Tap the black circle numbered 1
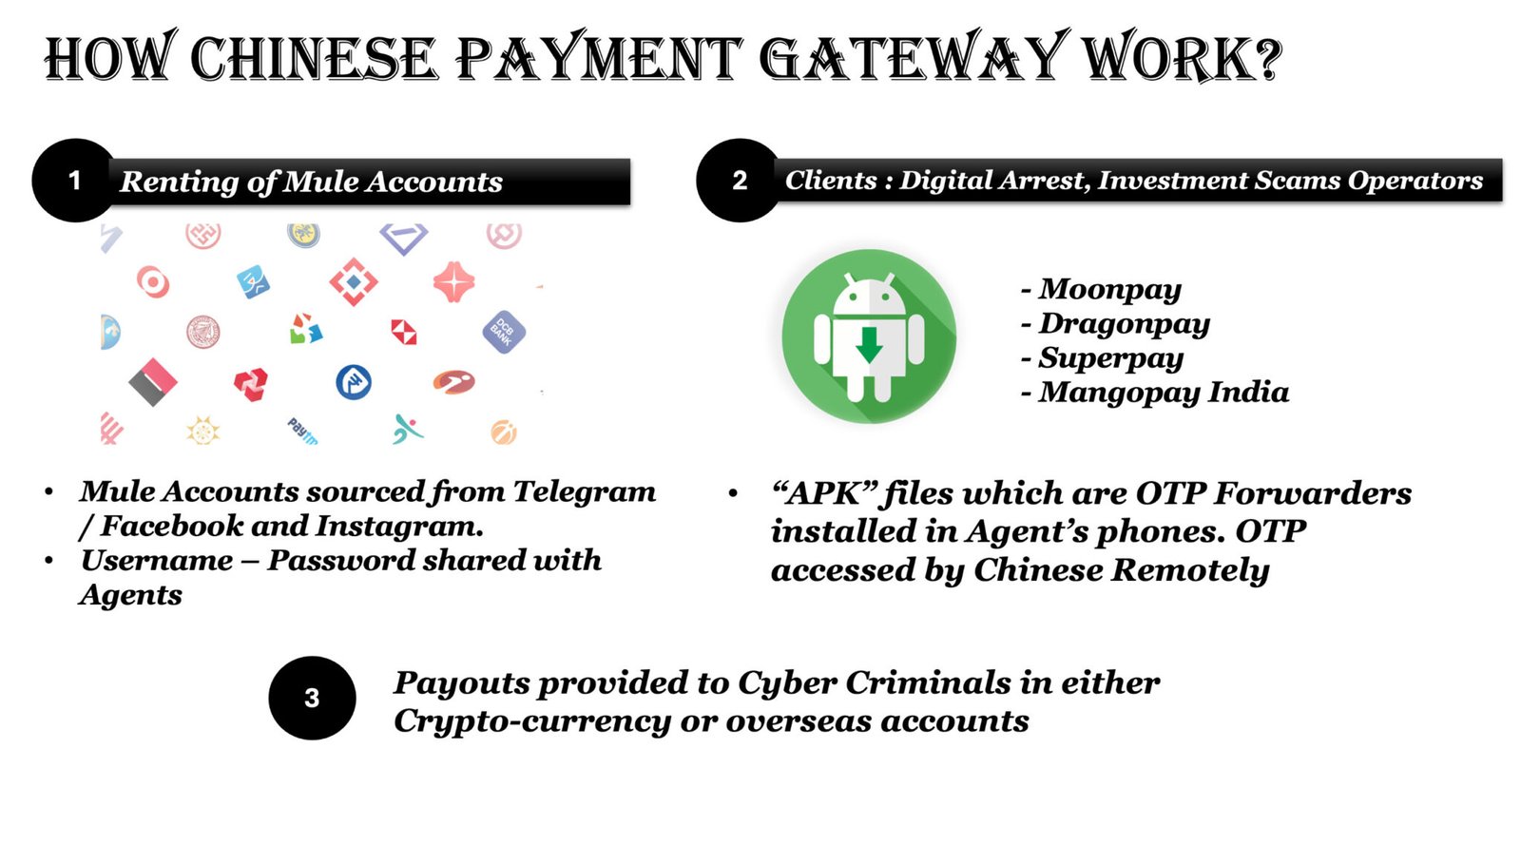click(x=74, y=181)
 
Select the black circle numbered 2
click(x=739, y=181)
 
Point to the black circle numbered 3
click(x=312, y=698)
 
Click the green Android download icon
click(x=869, y=336)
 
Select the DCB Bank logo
click(x=503, y=332)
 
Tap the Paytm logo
click(x=302, y=431)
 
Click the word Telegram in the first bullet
click(x=585, y=491)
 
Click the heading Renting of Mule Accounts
click(x=311, y=181)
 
